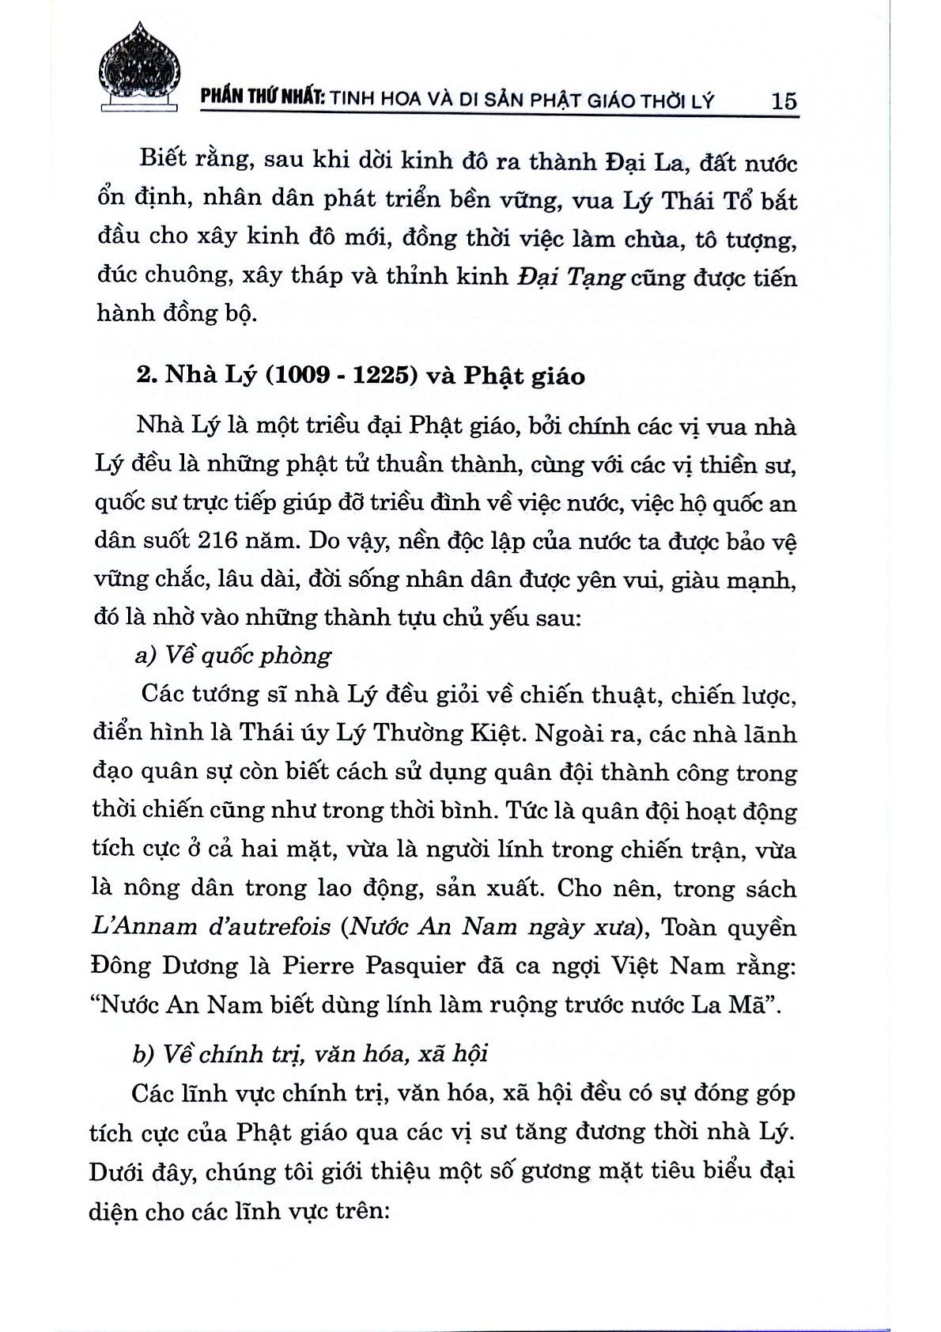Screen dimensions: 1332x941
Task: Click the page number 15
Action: click(783, 100)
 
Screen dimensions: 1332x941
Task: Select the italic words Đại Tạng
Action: click(572, 278)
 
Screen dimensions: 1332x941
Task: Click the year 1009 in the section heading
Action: click(304, 375)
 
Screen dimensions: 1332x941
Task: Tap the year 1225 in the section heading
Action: click(384, 375)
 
